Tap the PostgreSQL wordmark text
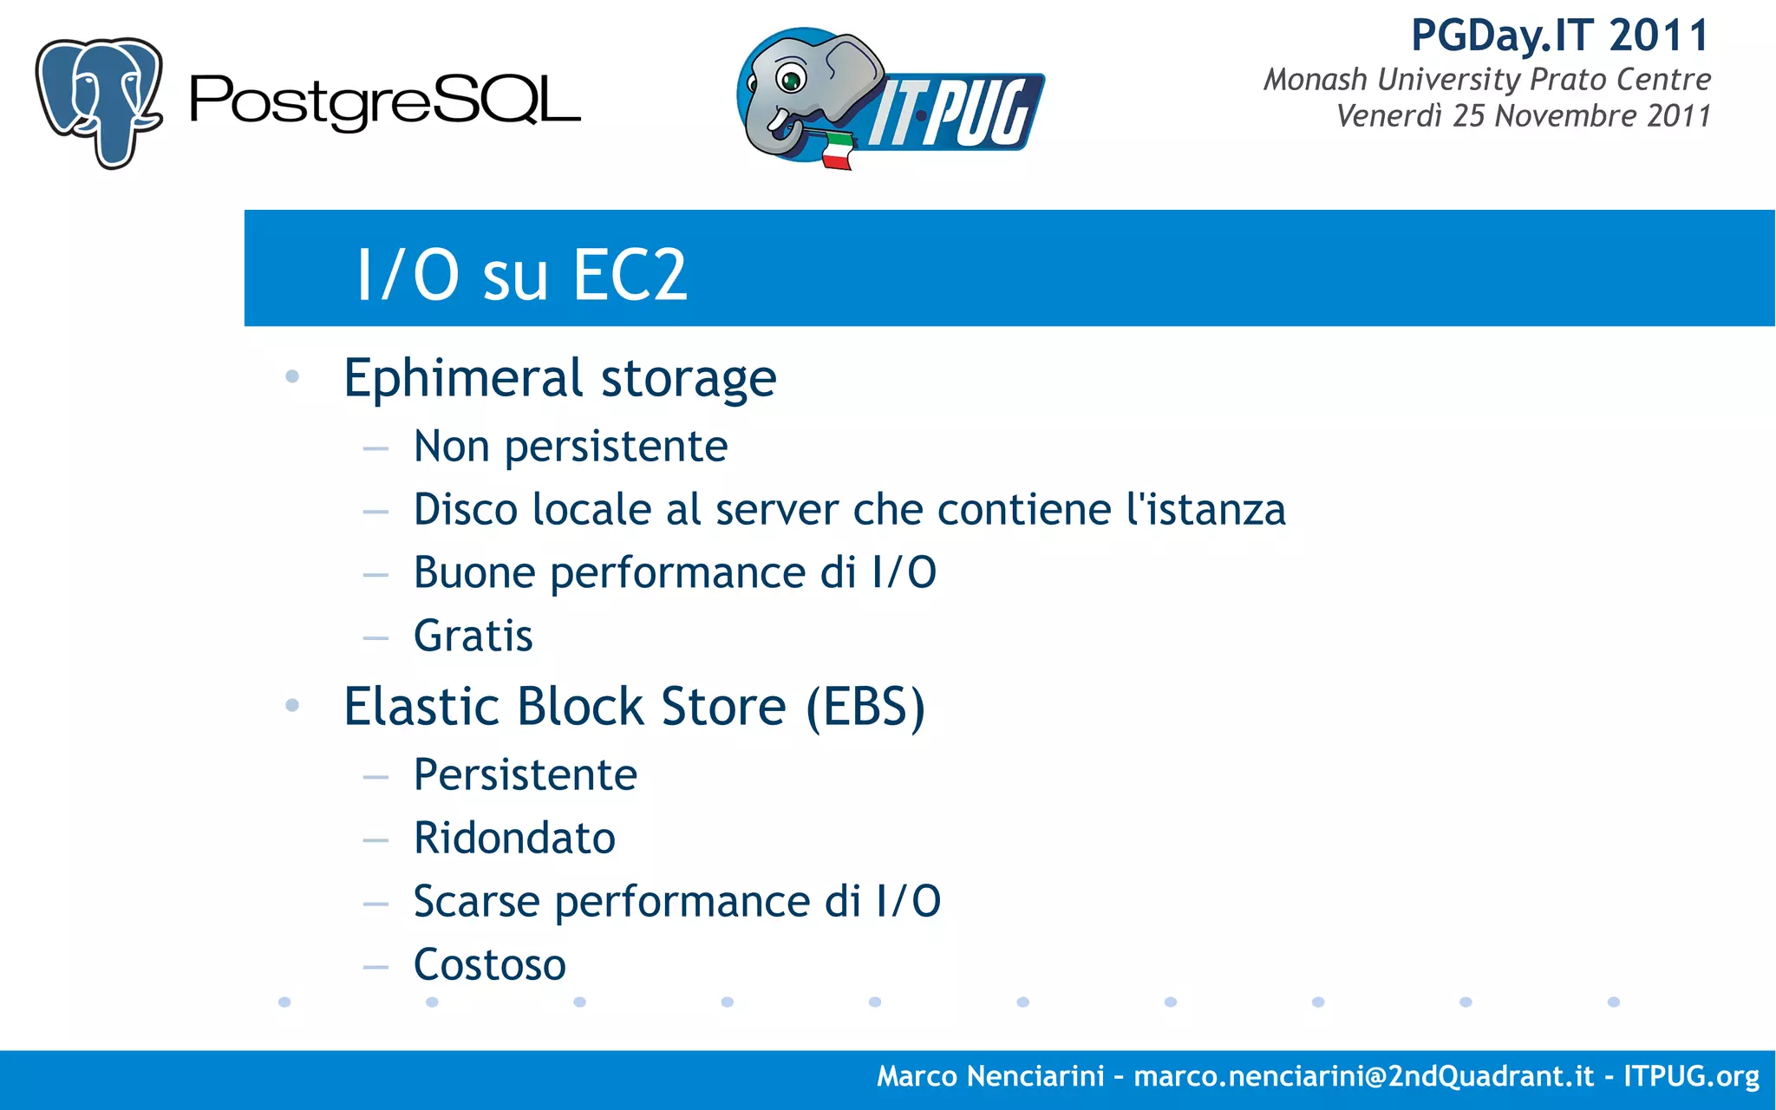tap(384, 101)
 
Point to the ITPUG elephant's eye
tap(791, 81)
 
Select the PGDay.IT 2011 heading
tap(1559, 36)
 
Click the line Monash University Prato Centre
tap(1486, 80)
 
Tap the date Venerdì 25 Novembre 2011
tap(1523, 116)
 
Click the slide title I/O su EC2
tap(522, 275)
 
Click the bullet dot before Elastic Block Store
tap(292, 705)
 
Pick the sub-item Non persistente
tap(570, 447)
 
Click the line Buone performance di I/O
tap(675, 572)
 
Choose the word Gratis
tap(473, 636)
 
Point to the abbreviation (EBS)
tap(865, 707)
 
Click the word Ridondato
tap(514, 838)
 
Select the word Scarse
tap(477, 901)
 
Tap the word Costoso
tap(490, 964)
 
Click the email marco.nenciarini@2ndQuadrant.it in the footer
tap(1363, 1076)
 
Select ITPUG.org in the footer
tap(1691, 1076)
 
